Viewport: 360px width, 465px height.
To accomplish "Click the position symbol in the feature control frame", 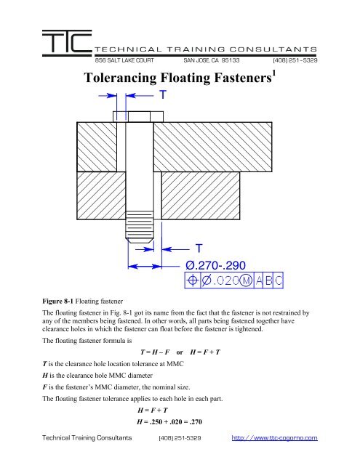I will pos(193,279).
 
